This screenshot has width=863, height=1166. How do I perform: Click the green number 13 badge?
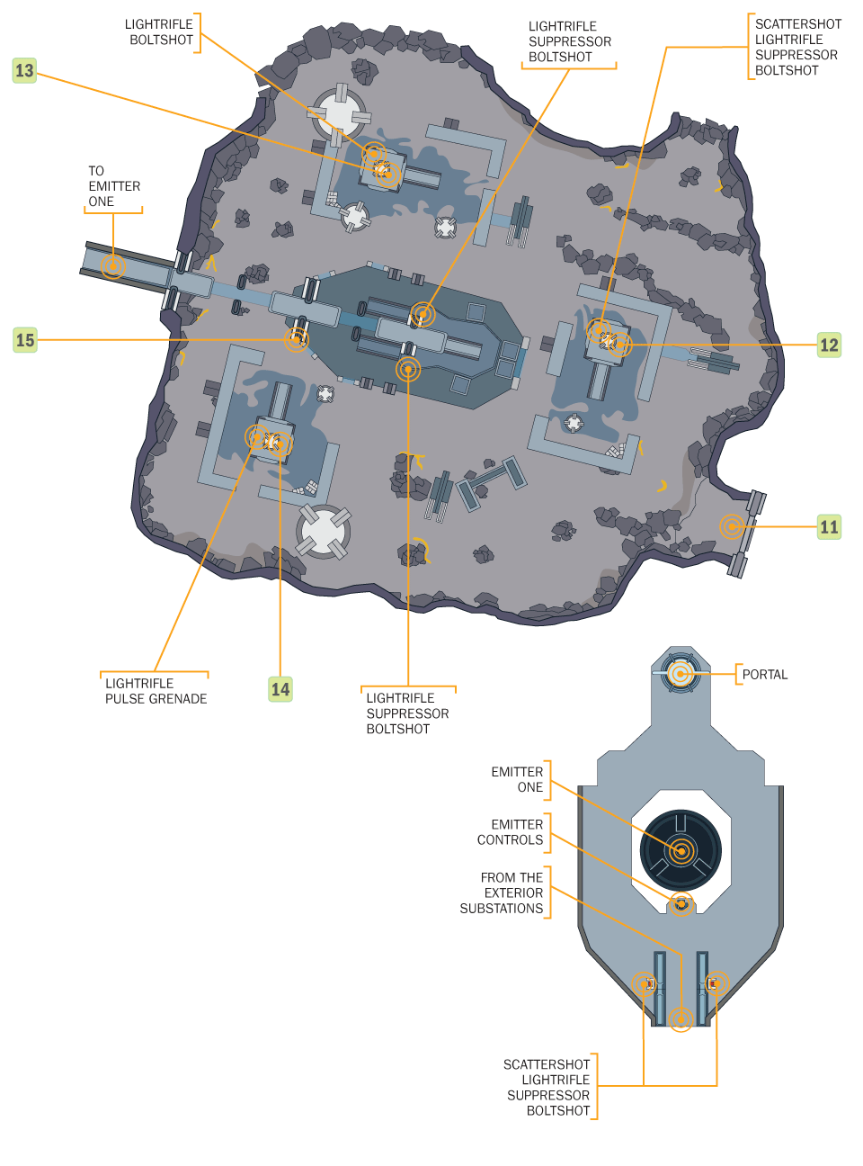point(24,71)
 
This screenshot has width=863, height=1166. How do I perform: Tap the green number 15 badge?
point(24,340)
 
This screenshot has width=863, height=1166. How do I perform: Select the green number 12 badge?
point(829,345)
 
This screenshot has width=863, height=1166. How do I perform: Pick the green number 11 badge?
point(829,526)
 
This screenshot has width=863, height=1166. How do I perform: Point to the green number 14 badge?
point(280,689)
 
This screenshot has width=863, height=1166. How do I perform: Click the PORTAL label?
point(764,675)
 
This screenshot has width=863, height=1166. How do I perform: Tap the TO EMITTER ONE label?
point(114,186)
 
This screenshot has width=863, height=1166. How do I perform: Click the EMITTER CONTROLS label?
point(510,832)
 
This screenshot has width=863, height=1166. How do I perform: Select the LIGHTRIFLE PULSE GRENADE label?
point(156,691)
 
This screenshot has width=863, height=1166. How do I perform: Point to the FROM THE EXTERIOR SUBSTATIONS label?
point(501,892)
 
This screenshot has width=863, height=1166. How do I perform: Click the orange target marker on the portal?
point(681,674)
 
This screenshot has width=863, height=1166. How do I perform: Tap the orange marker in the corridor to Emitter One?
point(113,266)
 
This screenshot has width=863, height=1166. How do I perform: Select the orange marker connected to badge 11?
point(732,526)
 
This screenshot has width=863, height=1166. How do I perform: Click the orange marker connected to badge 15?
point(297,339)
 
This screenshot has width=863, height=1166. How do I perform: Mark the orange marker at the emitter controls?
point(681,904)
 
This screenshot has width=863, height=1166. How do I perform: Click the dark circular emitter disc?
point(681,850)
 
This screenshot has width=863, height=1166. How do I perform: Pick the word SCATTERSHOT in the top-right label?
point(798,24)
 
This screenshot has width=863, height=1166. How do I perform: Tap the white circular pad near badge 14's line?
point(323,532)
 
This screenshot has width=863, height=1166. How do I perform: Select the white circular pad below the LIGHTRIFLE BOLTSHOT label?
point(339,114)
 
